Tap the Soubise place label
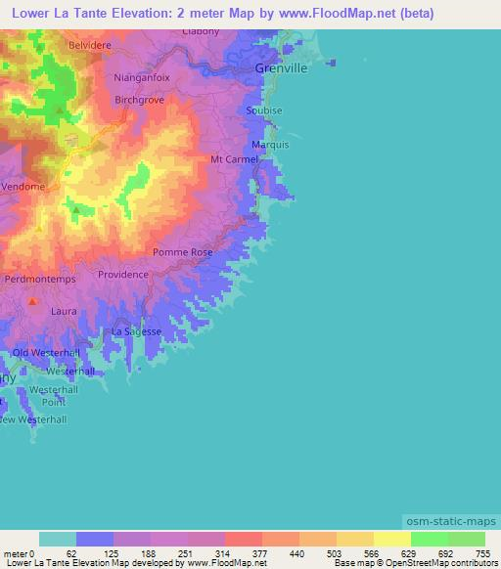(264, 110)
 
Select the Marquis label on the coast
(269, 145)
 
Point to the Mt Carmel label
(234, 159)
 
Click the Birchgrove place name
(139, 100)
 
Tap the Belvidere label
(91, 45)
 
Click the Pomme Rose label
(183, 252)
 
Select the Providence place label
(123, 275)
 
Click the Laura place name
(64, 311)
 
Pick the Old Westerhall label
(44, 352)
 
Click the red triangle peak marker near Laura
(32, 301)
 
